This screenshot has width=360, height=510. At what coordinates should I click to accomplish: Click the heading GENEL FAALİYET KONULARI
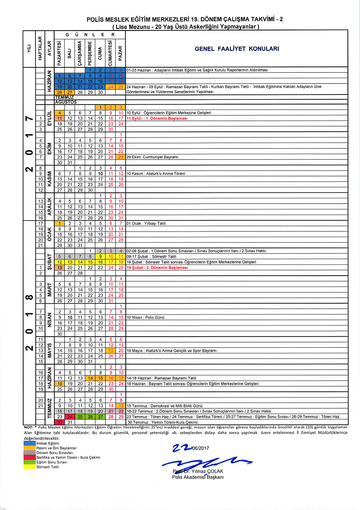click(237, 49)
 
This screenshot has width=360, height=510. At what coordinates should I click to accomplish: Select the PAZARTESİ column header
click(60, 53)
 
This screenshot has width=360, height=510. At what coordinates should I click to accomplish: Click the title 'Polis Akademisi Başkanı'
click(198, 478)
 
